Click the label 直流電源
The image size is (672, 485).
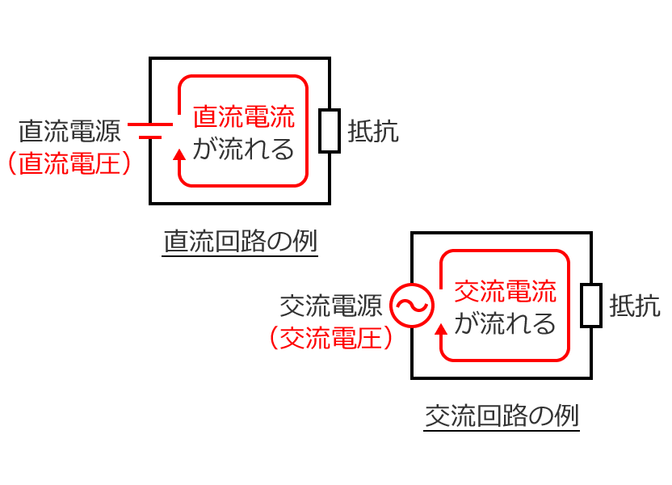click(x=69, y=131)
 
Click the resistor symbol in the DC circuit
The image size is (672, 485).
click(x=329, y=131)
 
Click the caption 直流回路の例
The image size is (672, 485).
click(x=240, y=242)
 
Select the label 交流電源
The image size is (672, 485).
click(x=330, y=306)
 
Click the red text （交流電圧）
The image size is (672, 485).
click(x=331, y=338)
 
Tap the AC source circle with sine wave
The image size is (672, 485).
click(x=412, y=306)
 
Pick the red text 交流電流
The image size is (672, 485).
click(x=506, y=292)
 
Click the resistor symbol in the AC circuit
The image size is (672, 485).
click(x=591, y=306)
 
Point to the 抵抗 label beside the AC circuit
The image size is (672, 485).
click(x=635, y=306)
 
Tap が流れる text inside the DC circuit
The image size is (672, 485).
click(x=244, y=150)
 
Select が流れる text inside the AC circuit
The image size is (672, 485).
click(x=506, y=324)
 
